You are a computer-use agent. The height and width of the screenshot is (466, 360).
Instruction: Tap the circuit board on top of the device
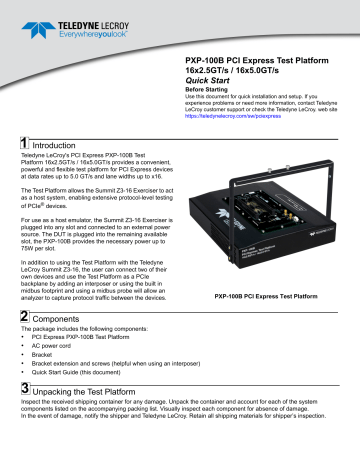click(256, 205)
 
